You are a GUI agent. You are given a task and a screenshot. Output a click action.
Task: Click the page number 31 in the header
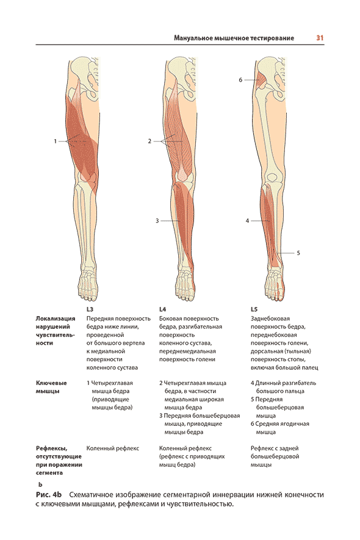point(320,38)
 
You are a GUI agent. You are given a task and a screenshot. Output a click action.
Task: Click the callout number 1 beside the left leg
point(55,141)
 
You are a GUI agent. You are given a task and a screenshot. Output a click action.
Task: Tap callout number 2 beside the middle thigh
point(149,141)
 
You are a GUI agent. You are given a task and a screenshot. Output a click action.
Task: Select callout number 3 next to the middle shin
point(157,220)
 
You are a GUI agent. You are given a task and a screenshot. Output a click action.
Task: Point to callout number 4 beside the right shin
point(247,220)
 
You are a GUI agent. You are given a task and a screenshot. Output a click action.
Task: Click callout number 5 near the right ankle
point(298,253)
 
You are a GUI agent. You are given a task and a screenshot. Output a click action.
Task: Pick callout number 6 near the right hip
point(240,80)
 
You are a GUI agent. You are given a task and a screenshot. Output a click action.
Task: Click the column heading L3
point(90,309)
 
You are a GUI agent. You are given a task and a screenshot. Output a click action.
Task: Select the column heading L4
point(162,309)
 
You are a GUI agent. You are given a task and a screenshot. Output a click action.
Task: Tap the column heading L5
point(254,309)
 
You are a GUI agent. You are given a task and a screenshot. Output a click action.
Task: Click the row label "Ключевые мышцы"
point(51,387)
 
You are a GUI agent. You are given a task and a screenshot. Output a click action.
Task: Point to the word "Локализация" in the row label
point(56,319)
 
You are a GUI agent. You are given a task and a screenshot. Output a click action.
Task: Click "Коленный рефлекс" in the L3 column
point(113,448)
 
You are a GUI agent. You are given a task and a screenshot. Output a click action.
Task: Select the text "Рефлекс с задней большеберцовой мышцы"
point(275,456)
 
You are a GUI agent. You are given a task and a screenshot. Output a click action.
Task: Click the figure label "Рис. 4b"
point(49,495)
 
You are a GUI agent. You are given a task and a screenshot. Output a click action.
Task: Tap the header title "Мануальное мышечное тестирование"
point(234,38)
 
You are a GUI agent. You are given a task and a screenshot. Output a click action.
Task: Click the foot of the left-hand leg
point(88,283)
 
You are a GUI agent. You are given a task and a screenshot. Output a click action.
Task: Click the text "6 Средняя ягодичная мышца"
point(279,428)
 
